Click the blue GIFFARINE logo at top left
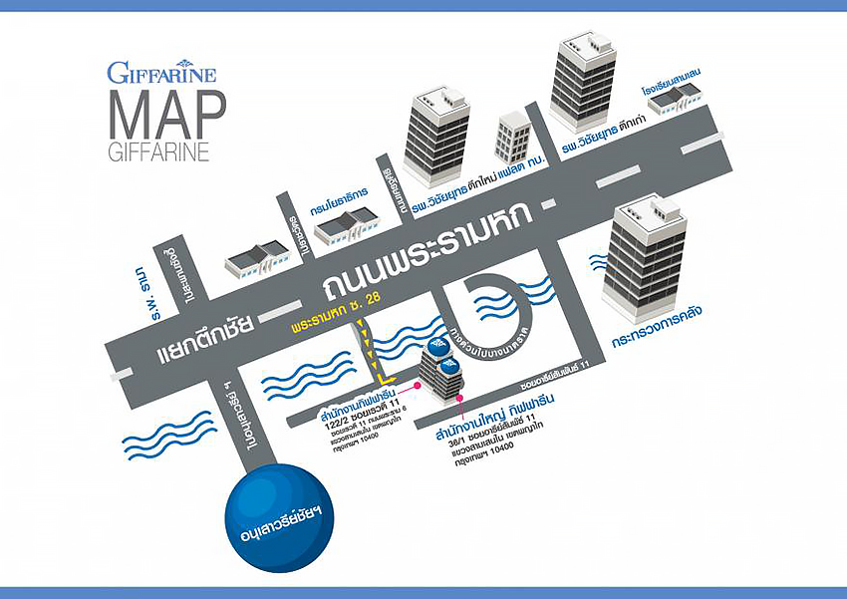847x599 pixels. pyautogui.click(x=161, y=72)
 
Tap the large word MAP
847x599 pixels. pyautogui.click(x=165, y=116)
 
